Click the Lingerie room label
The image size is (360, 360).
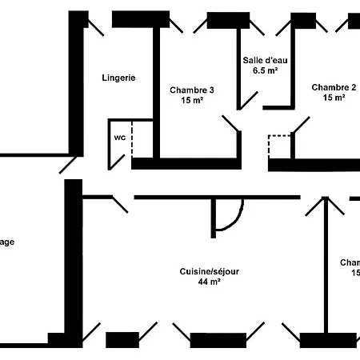(118, 78)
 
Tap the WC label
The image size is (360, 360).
(119, 138)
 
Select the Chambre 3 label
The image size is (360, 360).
(190, 90)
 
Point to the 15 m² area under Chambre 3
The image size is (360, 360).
(190, 101)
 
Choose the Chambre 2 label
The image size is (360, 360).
(334, 87)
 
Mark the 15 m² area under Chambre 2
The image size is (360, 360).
(334, 98)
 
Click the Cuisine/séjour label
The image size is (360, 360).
(209, 271)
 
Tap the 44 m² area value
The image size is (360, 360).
(209, 282)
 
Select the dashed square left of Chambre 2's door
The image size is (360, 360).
(280, 146)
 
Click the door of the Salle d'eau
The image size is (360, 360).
(247, 99)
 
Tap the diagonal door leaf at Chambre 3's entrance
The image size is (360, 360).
(230, 124)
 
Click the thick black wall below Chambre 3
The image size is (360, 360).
(186, 163)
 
